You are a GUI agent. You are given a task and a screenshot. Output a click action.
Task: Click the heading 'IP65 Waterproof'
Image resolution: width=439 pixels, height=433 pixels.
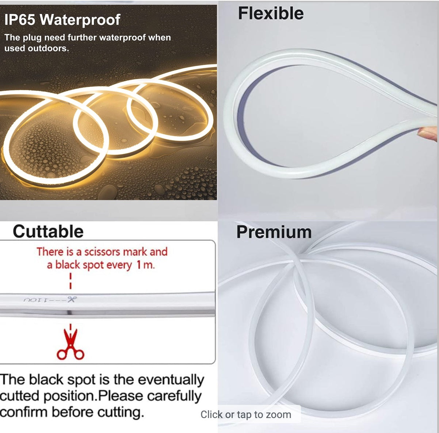click(x=62, y=20)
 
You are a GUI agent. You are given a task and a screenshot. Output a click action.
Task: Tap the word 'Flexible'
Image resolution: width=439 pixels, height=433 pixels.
click(x=271, y=13)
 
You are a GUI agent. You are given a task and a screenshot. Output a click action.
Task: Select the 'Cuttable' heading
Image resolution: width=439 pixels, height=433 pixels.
click(x=48, y=231)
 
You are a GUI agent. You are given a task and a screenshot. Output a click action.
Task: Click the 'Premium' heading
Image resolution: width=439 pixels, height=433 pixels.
click(x=274, y=232)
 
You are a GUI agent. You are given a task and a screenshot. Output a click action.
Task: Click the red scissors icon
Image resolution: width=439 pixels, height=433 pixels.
click(x=70, y=345)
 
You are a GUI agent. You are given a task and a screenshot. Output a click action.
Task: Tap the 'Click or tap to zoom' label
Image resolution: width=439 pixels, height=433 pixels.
click(x=246, y=414)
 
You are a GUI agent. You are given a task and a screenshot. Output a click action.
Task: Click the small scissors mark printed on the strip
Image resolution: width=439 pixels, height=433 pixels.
click(x=71, y=299)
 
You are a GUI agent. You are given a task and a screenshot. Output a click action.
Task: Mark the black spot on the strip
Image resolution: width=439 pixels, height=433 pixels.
click(x=69, y=313)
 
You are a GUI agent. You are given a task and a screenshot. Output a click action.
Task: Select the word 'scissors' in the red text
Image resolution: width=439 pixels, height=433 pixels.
click(x=102, y=252)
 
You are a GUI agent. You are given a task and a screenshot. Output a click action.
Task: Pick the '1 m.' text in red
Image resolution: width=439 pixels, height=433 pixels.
click(x=146, y=265)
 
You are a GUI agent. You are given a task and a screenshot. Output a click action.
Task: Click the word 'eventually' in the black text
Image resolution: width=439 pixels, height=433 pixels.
click(x=171, y=380)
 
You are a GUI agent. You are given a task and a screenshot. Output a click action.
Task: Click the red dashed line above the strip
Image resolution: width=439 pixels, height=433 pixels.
click(x=70, y=281)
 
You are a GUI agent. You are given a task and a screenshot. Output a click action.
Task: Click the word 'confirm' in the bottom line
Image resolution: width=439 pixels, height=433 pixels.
click(x=24, y=412)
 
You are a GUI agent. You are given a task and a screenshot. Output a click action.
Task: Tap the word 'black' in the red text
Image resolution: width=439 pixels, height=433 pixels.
click(x=68, y=265)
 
